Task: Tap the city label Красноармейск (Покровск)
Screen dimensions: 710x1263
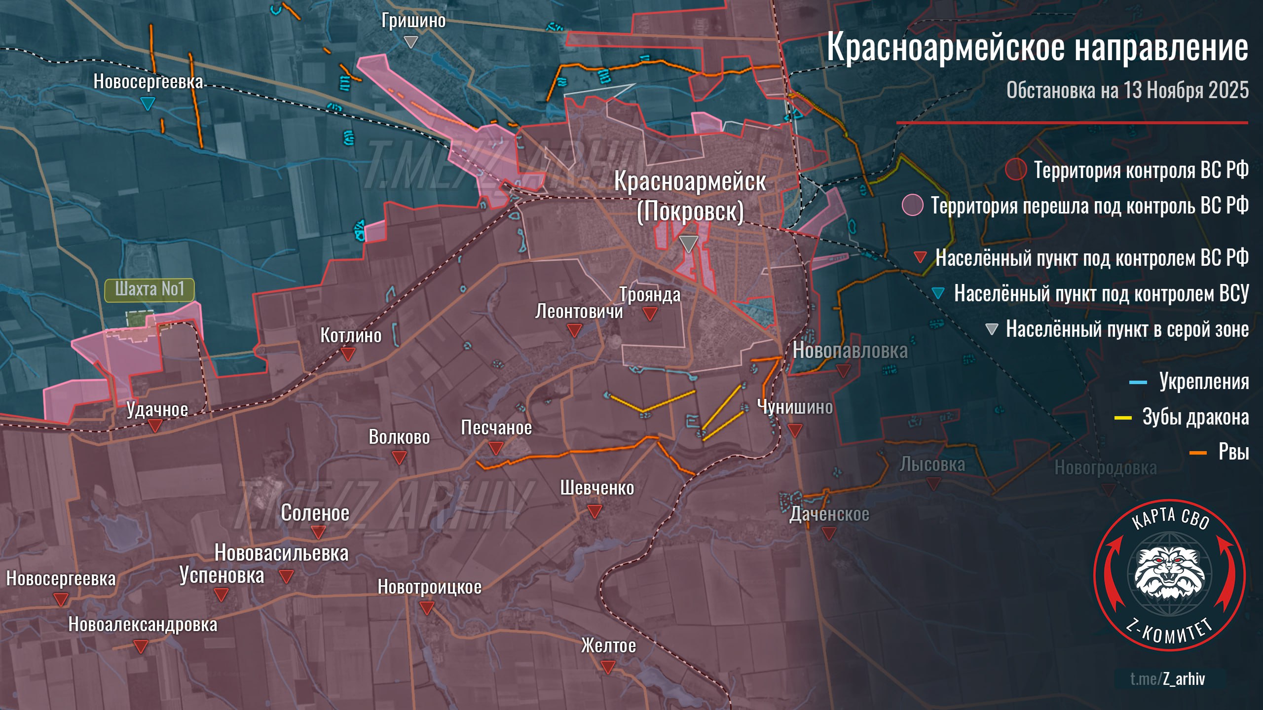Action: [x=690, y=196]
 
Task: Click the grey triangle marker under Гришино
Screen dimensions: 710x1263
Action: [x=410, y=41]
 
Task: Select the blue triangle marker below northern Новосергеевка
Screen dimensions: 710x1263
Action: [x=148, y=104]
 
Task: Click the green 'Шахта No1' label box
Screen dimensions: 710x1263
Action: [x=149, y=289]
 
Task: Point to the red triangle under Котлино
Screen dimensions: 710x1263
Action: [x=348, y=354]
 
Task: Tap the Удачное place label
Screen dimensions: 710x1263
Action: [x=157, y=409]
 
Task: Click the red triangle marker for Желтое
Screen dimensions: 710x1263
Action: [x=608, y=668]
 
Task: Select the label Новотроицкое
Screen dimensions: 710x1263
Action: [x=429, y=587]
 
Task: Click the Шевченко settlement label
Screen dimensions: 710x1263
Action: [x=597, y=488]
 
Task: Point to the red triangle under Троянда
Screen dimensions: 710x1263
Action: [x=650, y=313]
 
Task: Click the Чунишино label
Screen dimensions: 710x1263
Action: [x=794, y=407]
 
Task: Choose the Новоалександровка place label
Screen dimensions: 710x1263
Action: [x=143, y=625]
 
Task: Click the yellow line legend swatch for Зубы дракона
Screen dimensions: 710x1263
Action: [x=1123, y=418]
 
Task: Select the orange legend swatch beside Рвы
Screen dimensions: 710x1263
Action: [x=1198, y=453]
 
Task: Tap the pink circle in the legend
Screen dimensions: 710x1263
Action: [x=912, y=205]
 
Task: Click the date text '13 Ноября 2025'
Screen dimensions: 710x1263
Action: [x=1186, y=91]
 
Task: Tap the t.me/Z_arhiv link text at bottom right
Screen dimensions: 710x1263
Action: [x=1167, y=679]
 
